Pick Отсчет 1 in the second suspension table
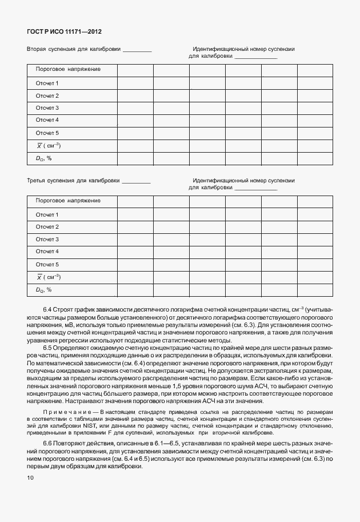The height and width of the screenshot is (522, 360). (x=47, y=83)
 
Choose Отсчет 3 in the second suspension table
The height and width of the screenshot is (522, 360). (x=47, y=108)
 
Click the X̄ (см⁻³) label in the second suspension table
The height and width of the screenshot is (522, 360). (x=49, y=145)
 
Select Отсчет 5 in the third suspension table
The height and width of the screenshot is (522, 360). (x=47, y=265)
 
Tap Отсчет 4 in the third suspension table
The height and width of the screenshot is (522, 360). (x=47, y=252)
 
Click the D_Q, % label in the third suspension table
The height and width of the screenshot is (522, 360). (x=44, y=290)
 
